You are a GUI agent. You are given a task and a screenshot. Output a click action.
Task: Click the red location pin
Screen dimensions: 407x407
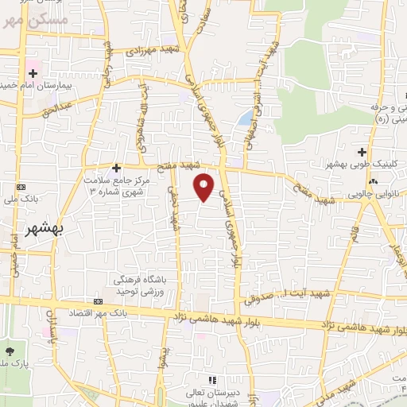(204, 185)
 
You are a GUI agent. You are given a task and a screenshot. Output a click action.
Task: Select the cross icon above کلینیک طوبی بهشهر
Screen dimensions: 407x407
(362, 151)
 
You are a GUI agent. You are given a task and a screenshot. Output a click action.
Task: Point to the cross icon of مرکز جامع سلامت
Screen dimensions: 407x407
(116, 168)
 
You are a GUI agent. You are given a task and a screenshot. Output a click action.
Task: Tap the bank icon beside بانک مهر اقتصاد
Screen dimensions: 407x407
(98, 302)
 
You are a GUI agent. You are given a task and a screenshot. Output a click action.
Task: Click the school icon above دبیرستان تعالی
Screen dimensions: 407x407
(211, 381)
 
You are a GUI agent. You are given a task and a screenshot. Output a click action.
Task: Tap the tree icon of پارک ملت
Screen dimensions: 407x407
(9, 351)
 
